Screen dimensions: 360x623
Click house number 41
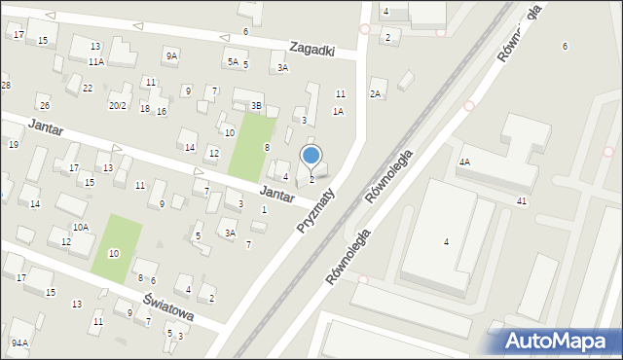point(522,200)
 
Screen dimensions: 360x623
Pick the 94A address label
point(19,342)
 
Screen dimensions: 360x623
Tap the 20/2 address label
point(118,106)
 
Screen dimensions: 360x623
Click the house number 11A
point(95,61)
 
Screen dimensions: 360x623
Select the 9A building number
point(171,56)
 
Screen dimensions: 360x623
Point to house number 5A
point(233,61)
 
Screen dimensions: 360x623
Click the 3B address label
point(256,105)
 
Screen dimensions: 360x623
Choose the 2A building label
point(375,94)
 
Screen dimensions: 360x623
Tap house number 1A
point(338,111)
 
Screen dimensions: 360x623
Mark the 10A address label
point(82,227)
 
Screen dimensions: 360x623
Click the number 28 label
point(5,86)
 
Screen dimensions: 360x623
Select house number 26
point(44,105)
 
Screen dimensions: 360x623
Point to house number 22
point(88,89)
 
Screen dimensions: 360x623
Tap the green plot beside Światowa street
point(117,249)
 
